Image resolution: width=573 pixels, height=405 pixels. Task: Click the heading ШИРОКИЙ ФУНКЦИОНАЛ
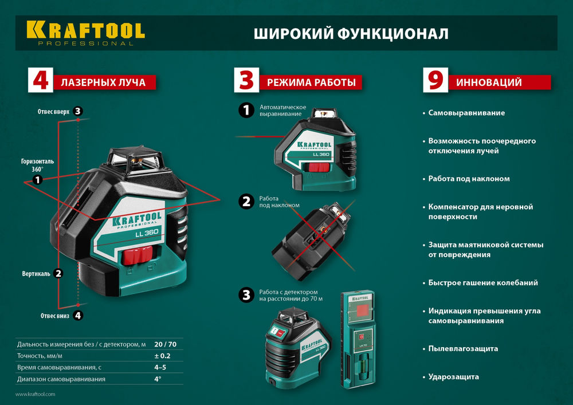pos(351,34)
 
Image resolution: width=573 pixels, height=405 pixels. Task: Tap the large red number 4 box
pos(40,81)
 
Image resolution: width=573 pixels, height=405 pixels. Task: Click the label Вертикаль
pos(36,274)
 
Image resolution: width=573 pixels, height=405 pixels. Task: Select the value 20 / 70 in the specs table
pos(164,344)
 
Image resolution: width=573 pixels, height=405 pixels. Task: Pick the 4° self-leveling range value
pos(158,379)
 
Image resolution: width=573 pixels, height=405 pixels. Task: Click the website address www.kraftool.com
pos(35,394)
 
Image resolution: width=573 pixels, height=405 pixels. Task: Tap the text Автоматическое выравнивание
pos(282,111)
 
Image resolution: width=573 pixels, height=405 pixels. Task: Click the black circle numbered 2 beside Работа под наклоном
pos(246,201)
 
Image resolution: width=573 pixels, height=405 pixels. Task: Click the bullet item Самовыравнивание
pos(466,113)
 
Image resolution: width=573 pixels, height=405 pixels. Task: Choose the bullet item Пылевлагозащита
pos(463,348)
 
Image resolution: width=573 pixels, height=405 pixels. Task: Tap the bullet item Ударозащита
pos(453,376)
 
